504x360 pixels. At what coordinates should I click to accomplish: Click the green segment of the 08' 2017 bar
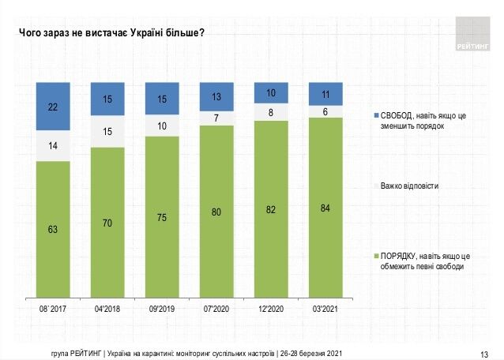tap(54, 229)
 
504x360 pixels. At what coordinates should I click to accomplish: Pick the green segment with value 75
tap(161, 217)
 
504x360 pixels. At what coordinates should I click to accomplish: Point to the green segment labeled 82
tap(271, 209)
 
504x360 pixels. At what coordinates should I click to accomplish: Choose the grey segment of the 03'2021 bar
tap(325, 111)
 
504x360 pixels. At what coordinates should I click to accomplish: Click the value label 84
tap(325, 208)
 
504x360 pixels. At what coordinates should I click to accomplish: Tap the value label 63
tap(54, 229)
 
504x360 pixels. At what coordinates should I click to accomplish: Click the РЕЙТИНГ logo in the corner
tap(473, 36)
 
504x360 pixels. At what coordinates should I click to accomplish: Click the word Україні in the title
tap(130, 32)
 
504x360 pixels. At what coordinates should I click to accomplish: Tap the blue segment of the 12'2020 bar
tap(271, 92)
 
